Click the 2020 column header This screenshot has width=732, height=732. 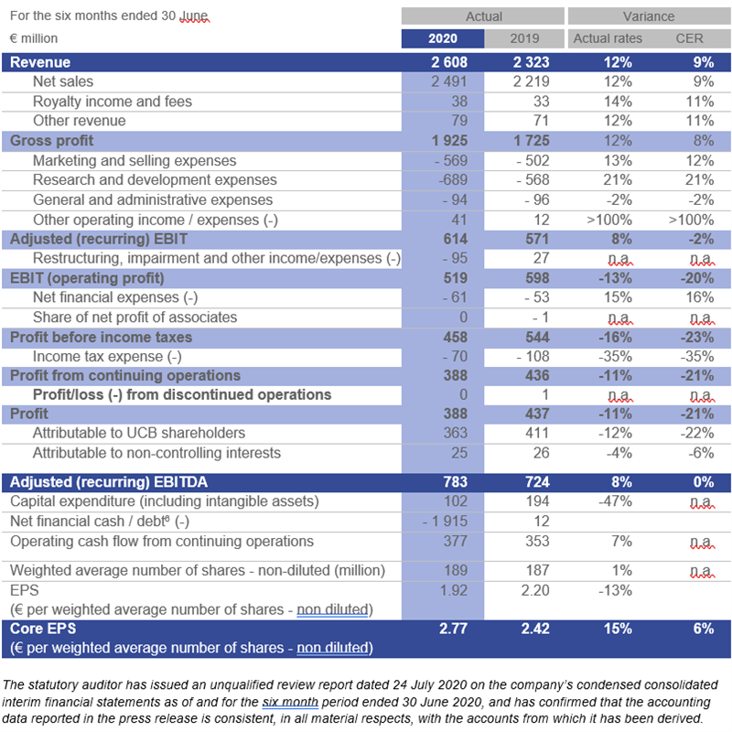(443, 38)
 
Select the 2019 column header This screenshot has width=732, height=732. (524, 38)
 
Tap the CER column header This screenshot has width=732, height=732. (689, 38)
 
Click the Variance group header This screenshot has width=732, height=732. (649, 16)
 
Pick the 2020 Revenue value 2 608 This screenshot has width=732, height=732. (449, 62)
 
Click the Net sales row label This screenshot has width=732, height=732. (63, 81)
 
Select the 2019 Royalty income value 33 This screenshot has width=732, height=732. (541, 102)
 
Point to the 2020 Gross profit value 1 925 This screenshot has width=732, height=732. (449, 141)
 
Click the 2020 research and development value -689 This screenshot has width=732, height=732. (453, 179)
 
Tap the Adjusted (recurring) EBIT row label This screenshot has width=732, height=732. (99, 239)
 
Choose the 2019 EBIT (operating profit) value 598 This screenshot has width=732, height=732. (537, 278)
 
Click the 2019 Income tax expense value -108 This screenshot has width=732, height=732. (533, 357)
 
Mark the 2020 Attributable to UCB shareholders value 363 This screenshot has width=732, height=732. (455, 433)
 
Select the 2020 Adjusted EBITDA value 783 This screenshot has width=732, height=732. (455, 482)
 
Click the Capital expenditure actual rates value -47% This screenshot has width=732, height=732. (615, 501)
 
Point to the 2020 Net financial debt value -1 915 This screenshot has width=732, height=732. (445, 522)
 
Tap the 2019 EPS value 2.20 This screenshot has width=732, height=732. (535, 590)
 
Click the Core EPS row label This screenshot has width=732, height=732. (43, 629)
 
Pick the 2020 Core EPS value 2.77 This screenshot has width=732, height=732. (453, 629)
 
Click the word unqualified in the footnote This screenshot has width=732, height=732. (242, 684)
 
